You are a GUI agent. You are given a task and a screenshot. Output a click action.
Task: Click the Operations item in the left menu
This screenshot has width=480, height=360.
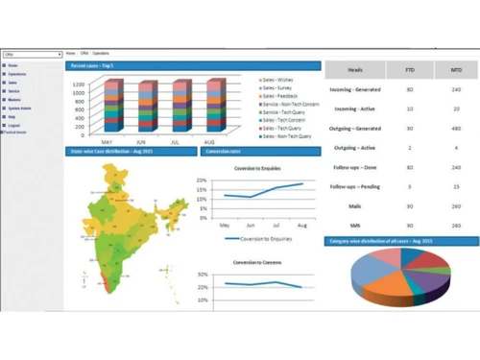click(x=17, y=74)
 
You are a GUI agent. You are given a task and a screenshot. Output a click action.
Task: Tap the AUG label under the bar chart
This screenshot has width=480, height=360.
click(x=210, y=139)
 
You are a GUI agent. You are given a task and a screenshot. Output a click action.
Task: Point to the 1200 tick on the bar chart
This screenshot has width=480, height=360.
click(x=79, y=84)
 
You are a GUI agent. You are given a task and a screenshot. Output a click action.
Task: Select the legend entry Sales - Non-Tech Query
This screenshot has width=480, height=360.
click(x=289, y=137)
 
